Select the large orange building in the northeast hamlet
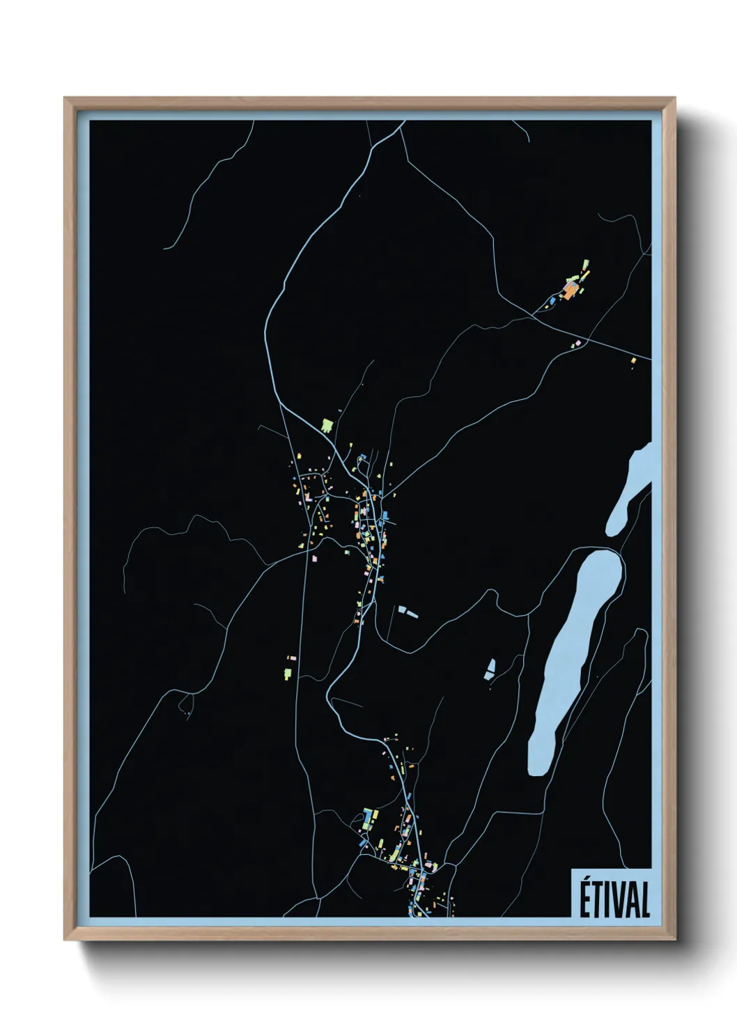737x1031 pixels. [x=571, y=290]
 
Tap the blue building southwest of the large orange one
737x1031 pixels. [x=553, y=300]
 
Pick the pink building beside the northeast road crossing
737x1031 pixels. [x=578, y=342]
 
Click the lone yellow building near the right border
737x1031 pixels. [x=633, y=360]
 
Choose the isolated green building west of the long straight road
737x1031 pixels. [x=287, y=672]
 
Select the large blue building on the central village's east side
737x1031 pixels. [x=385, y=516]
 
